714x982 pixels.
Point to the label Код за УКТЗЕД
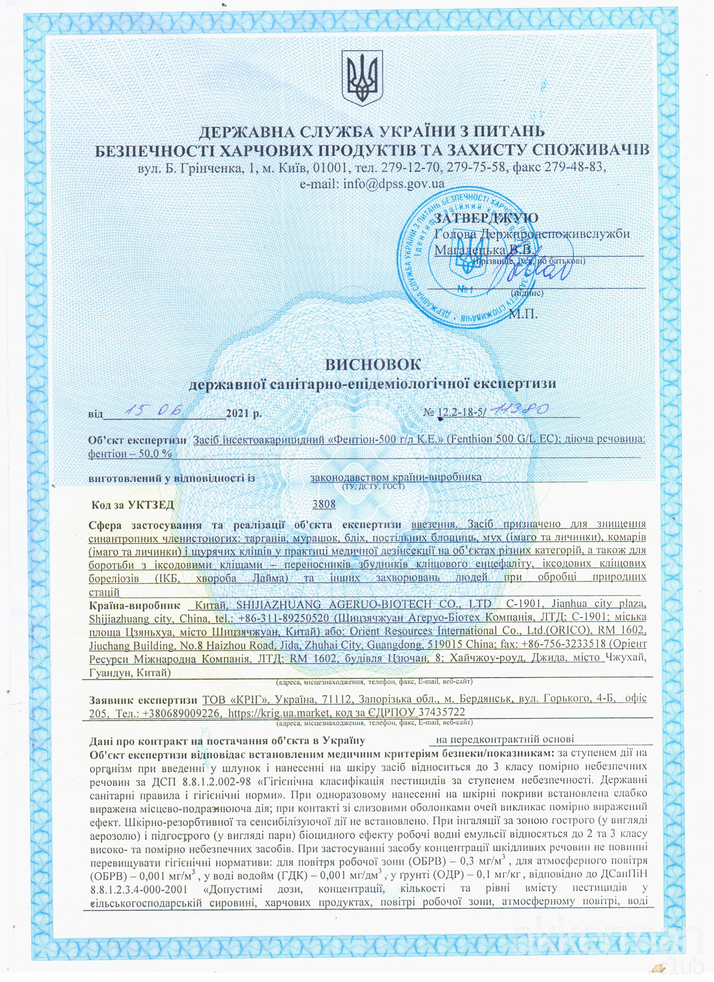(133, 505)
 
